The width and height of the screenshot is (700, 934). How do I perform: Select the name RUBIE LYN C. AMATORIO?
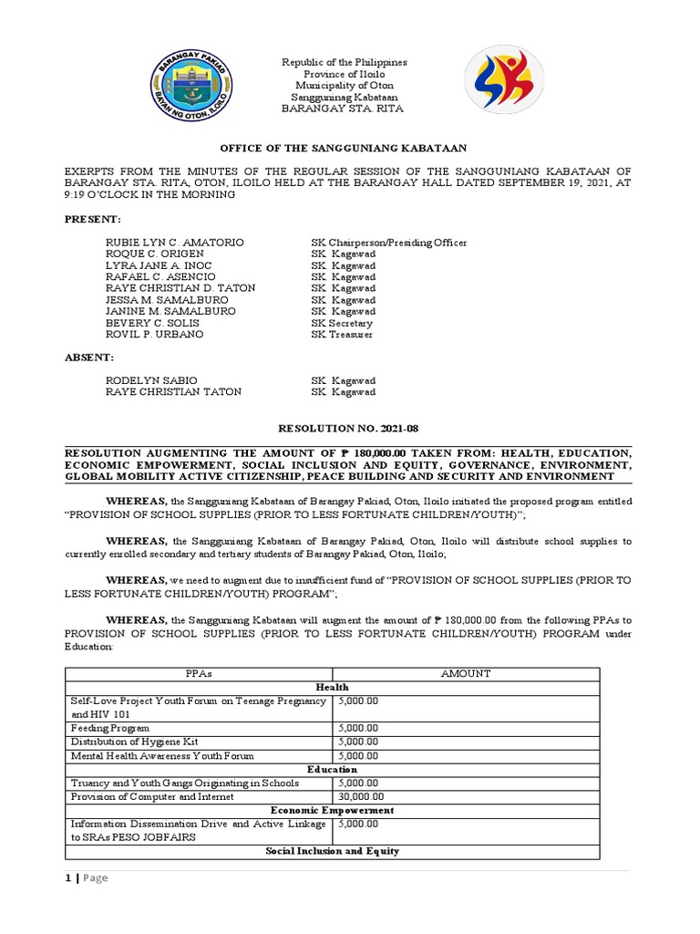[x=162, y=243]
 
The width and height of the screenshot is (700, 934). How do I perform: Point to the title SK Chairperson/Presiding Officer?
[x=389, y=243]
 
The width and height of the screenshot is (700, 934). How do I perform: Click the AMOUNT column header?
[x=466, y=673]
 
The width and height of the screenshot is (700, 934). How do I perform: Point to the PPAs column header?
[x=198, y=673]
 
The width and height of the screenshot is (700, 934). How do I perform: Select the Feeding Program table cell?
[x=110, y=729]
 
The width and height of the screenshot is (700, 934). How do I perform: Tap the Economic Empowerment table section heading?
[x=332, y=810]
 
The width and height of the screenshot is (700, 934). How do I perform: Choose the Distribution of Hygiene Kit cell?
[x=133, y=742]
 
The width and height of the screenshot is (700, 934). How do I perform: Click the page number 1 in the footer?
[x=67, y=877]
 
